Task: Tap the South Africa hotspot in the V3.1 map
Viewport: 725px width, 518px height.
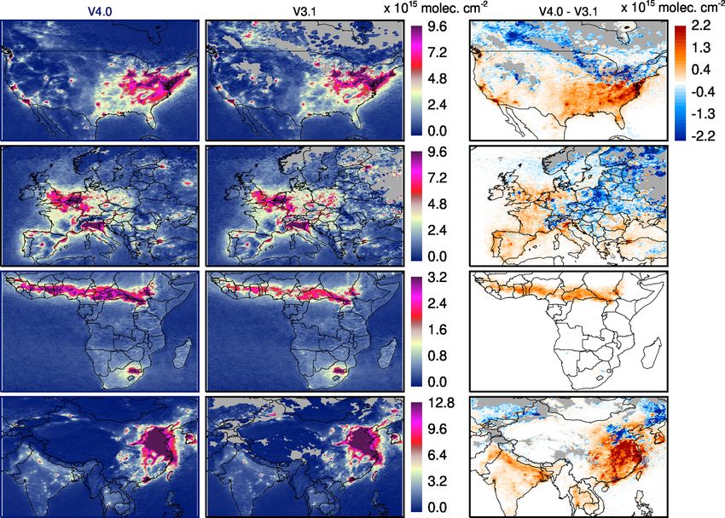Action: [337, 371]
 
